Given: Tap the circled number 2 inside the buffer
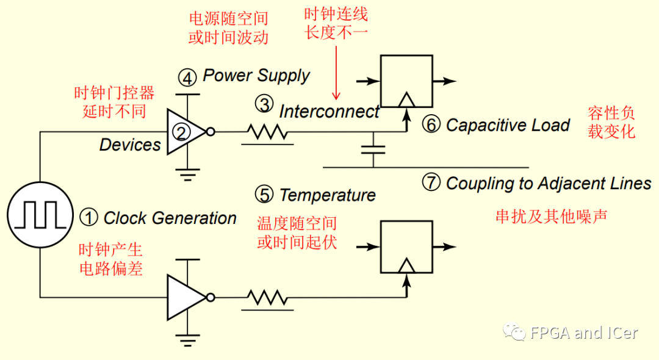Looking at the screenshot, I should [x=181, y=131].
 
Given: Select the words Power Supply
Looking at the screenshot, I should [x=256, y=76].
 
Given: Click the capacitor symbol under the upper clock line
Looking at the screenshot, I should [x=373, y=149].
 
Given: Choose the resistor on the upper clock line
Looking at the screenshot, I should [x=267, y=131].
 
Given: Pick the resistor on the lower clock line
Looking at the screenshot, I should [x=267, y=298].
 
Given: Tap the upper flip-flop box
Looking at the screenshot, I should [x=406, y=81].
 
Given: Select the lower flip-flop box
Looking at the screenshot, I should [x=406, y=247].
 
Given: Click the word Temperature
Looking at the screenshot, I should [x=327, y=195].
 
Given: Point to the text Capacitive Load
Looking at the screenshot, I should [x=508, y=125].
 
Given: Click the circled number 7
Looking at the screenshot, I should [x=431, y=182].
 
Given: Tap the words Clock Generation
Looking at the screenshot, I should [x=170, y=218].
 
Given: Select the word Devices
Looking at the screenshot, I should [x=130, y=145].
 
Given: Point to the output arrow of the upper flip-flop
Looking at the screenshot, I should [x=445, y=81].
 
